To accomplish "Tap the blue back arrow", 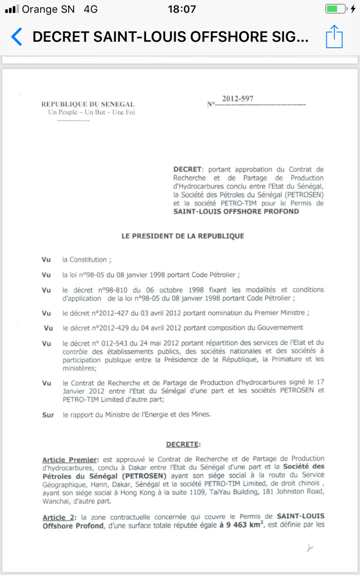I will click(16, 36).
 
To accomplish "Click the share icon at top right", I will click(334, 36).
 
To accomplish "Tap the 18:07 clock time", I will click(181, 9).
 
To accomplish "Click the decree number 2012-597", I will click(238, 99).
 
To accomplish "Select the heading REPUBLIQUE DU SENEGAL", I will click(88, 104).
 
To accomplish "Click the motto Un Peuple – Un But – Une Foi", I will click(92, 112).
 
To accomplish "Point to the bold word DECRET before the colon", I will click(188, 169).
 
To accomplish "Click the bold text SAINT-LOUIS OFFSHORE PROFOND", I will click(236, 211).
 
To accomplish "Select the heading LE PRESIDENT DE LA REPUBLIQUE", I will click(183, 236).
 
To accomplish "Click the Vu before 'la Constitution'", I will click(46, 260).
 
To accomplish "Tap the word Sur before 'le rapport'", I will click(48, 415).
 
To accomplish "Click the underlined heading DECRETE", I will click(183, 444).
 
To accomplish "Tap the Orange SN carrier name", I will click(48, 9).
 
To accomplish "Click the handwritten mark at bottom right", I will click(309, 548).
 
